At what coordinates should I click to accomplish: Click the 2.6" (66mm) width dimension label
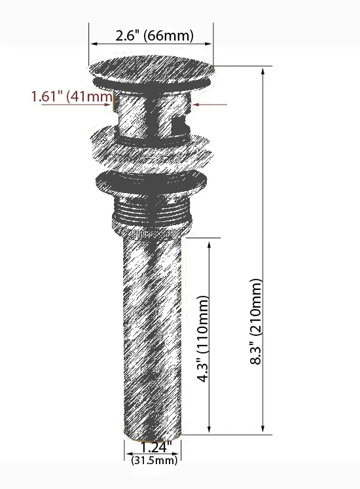pos(154,35)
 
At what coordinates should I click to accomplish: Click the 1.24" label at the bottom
pos(155,448)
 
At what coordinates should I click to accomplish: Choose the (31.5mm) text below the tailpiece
pos(154,460)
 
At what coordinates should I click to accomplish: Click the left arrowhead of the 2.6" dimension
pos(94,44)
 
